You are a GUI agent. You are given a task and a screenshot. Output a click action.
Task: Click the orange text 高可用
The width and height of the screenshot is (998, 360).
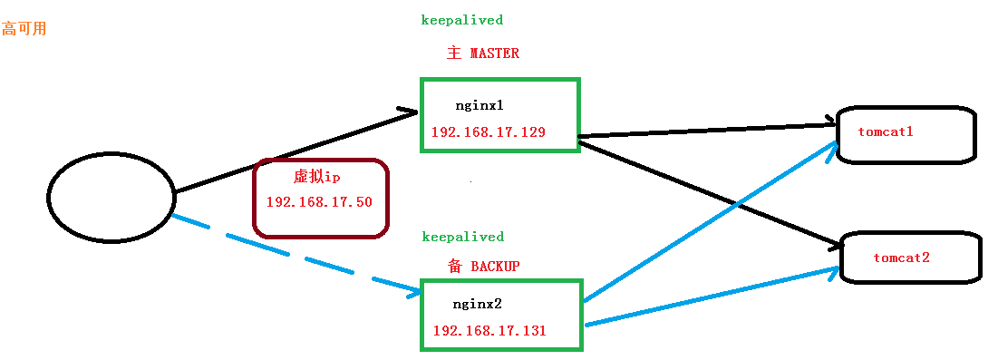tap(24, 29)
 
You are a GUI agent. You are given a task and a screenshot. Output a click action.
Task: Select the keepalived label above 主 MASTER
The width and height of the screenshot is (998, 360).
tap(462, 19)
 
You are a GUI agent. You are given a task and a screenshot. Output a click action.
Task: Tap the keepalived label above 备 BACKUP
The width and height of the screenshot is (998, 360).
tap(462, 237)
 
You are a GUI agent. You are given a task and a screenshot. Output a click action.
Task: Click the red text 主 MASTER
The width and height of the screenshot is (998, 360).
tap(483, 54)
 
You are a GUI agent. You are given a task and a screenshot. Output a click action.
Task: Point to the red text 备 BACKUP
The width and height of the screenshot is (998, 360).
tap(483, 267)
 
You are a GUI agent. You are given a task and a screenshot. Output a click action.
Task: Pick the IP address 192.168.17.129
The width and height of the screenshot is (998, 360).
tap(488, 132)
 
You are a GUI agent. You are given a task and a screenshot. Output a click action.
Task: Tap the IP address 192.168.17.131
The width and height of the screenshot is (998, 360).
tap(489, 331)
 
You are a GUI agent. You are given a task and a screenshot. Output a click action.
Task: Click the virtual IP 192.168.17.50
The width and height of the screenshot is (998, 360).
tap(319, 201)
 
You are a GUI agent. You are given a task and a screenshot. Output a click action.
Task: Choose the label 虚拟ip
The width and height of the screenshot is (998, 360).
tap(316, 177)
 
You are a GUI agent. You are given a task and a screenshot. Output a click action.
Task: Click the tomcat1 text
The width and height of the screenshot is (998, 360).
tap(885, 131)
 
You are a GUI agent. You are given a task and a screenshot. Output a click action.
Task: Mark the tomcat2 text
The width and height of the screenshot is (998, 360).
tap(901, 258)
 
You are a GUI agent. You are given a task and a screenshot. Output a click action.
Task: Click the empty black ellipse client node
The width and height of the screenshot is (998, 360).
tap(111, 197)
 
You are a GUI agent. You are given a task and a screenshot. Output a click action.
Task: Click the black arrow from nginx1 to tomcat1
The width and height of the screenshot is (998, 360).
tap(707, 128)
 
